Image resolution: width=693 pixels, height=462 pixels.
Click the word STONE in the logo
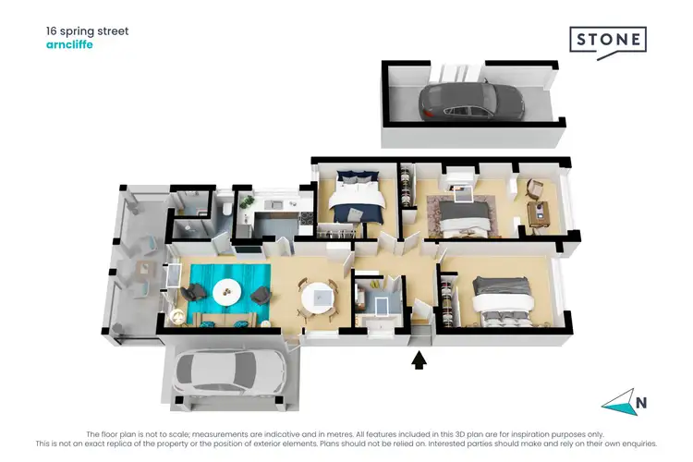pos(607,40)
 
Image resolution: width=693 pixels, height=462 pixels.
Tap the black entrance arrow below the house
pos(419,359)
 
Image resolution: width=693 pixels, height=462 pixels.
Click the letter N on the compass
pos(639,402)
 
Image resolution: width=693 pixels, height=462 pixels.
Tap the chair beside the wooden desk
pos(534,188)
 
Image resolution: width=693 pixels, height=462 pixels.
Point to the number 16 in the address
pos(53,30)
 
